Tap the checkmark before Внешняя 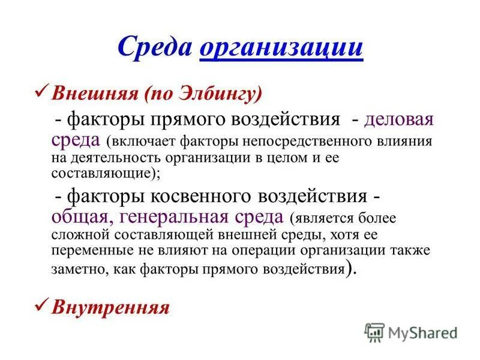point(43,92)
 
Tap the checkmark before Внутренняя point(43,306)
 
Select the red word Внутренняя point(111,308)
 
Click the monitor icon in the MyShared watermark point(374,331)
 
